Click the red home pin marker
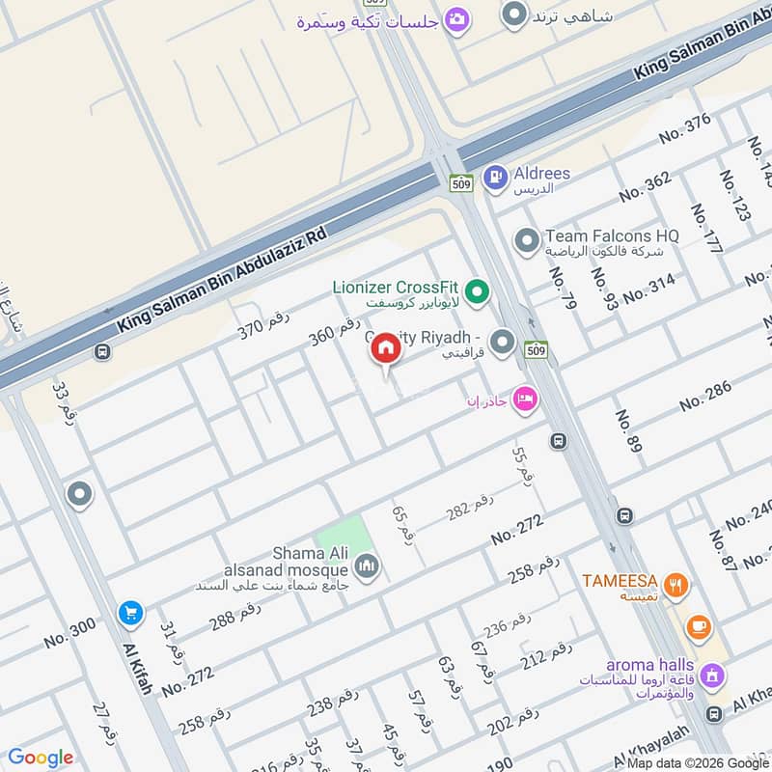pos(386,349)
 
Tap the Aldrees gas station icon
pos(495,177)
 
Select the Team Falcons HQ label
pos(612,235)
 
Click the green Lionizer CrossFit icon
pos(476,289)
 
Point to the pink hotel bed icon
pos(524,398)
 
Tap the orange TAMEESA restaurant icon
pos(678,583)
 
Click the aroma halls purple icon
pos(713,673)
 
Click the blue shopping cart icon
pos(129,613)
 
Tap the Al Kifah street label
pos(137,669)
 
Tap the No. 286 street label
pos(704,397)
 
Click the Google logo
pos(40,758)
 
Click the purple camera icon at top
pos(456,19)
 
